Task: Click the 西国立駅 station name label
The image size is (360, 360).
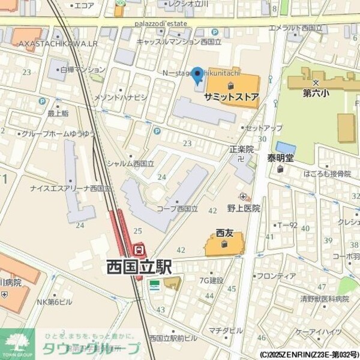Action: [139, 266]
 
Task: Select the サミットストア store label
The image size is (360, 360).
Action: [232, 96]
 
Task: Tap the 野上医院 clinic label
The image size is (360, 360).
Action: [244, 208]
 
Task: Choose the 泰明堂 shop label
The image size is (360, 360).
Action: [281, 158]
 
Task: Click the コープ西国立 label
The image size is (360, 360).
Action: [177, 208]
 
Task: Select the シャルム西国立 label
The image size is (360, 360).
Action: [130, 163]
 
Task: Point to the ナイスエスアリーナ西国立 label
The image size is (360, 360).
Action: [71, 188]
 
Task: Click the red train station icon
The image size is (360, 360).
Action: [139, 248]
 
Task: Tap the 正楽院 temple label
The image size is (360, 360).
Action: [242, 149]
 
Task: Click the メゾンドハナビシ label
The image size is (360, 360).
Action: [121, 97]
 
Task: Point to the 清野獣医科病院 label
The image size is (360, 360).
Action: [325, 298]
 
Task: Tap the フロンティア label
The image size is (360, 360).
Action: [276, 276]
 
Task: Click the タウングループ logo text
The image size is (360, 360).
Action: [90, 349]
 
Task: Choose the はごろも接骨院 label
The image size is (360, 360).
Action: [328, 173]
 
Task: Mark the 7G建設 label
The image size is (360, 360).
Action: [212, 280]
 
